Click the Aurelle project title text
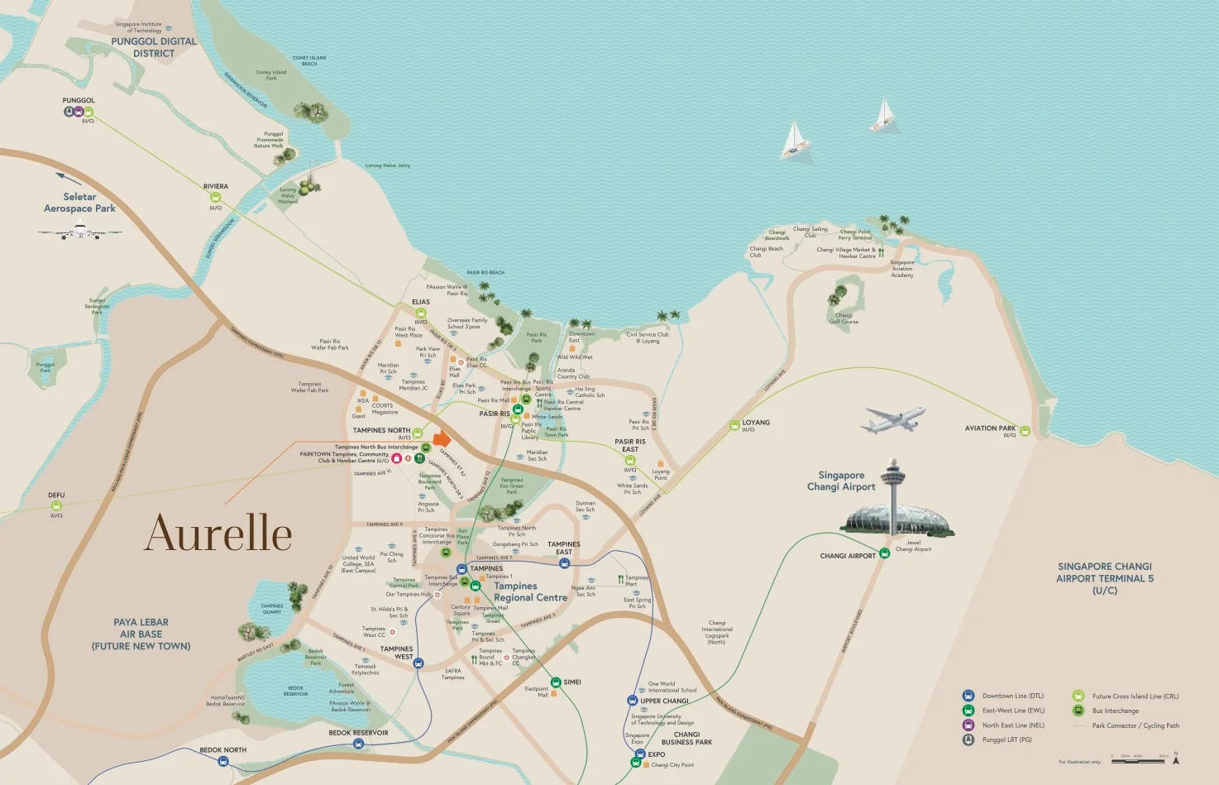[218, 534]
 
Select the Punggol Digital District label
[154, 47]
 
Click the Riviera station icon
[216, 197]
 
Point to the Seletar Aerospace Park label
[79, 203]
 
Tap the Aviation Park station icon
[1025, 431]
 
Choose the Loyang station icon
[734, 425]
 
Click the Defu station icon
[56, 505]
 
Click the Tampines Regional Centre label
[530, 591]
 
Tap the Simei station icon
[556, 682]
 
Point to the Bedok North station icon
[223, 760]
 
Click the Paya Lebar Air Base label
[141, 634]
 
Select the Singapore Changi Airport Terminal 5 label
[1104, 578]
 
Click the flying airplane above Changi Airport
[892, 420]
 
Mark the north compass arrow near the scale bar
[1175, 758]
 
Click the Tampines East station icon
[564, 563]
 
